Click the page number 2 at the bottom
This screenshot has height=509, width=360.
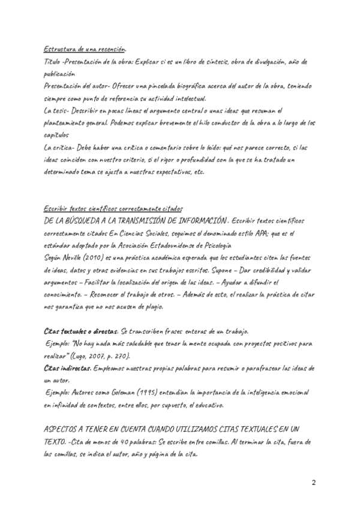tap(313, 483)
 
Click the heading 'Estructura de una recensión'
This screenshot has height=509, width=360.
tap(85, 49)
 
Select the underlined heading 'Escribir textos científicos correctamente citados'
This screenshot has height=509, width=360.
tap(112, 208)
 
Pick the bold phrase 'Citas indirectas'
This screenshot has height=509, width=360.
tap(67, 367)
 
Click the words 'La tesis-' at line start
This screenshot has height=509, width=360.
tap(57, 110)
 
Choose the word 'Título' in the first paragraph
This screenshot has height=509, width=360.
tap(53, 62)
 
